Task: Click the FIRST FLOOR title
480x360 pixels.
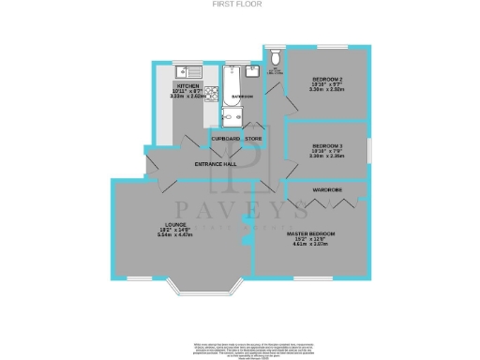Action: tap(239, 5)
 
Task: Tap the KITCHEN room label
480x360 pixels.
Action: tap(179, 84)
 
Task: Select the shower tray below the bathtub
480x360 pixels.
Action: tap(232, 118)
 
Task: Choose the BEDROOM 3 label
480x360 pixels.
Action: tap(328, 146)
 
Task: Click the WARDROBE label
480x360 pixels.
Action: tap(327, 190)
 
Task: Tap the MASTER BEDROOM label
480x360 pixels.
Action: tap(310, 232)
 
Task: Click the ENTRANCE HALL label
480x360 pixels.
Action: tap(215, 165)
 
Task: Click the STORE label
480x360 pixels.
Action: tap(253, 140)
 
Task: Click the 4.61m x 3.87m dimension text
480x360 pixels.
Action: tap(310, 245)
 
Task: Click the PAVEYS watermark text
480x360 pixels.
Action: tap(243, 207)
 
